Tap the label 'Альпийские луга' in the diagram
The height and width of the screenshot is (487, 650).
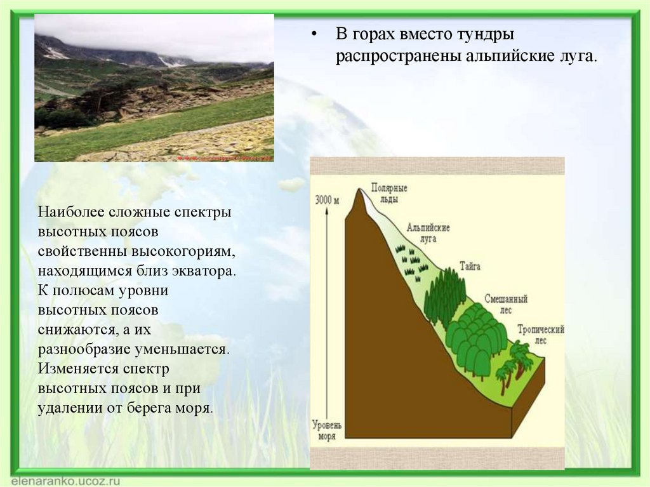click(428, 233)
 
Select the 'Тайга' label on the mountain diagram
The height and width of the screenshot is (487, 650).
click(470, 266)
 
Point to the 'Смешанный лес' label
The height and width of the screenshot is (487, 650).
click(506, 304)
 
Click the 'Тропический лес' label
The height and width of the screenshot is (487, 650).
click(541, 335)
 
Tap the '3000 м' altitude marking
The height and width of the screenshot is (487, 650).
click(327, 201)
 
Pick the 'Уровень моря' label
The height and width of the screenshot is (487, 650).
click(327, 430)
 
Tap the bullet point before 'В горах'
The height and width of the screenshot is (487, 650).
click(315, 35)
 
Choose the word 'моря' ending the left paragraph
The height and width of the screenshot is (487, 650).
click(194, 408)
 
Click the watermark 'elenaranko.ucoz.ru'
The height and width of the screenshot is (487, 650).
click(65, 481)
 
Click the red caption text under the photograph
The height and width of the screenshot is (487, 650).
click(225, 159)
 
